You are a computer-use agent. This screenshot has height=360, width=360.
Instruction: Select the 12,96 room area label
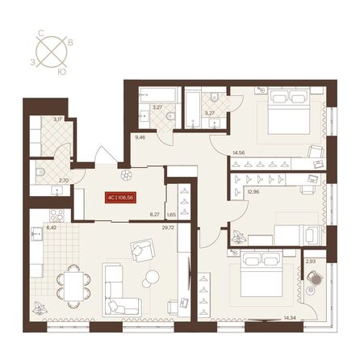click(253, 191)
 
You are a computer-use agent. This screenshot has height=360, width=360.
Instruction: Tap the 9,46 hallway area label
click(140, 137)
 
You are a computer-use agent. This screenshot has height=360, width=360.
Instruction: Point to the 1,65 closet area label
click(171, 215)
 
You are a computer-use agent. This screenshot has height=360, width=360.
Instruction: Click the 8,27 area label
click(153, 215)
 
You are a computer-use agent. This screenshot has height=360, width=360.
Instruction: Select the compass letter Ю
click(62, 71)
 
